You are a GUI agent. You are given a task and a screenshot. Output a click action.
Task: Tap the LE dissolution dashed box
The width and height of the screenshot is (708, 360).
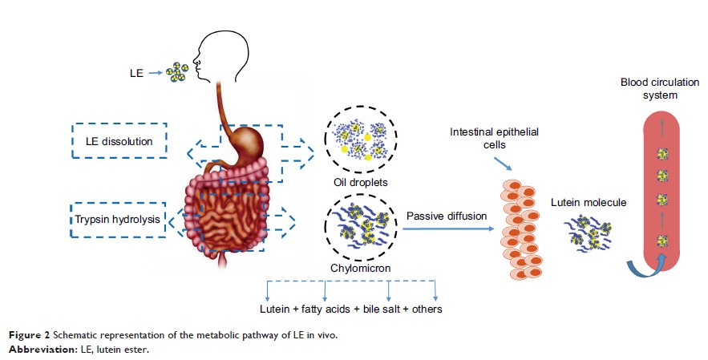(119, 141)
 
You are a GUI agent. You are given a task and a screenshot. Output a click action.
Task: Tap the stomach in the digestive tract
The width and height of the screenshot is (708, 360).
(249, 144)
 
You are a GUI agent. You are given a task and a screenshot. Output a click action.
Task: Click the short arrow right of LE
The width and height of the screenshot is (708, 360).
(156, 73)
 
